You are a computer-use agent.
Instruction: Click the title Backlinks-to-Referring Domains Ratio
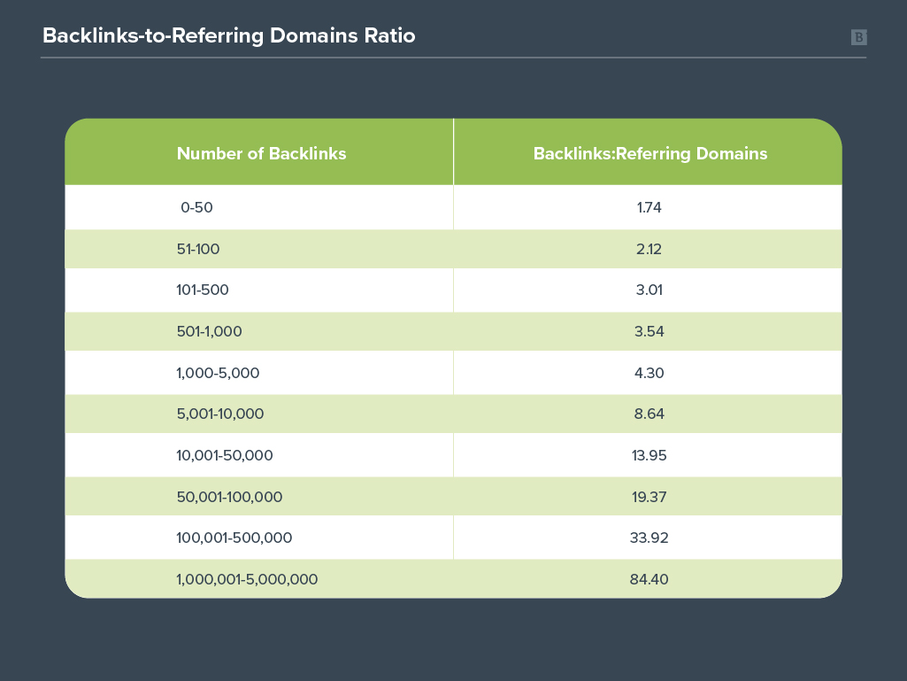pyautogui.click(x=229, y=36)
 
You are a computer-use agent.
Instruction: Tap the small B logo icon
pyautogui.click(x=859, y=38)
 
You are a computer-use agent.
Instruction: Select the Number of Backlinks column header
pyautogui.click(x=261, y=153)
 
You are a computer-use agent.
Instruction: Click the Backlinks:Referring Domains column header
pyautogui.click(x=650, y=153)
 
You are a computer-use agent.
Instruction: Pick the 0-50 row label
pyautogui.click(x=196, y=207)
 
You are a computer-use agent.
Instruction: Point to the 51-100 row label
pyautogui.click(x=198, y=249)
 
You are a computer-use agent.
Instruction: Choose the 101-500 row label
pyautogui.click(x=203, y=290)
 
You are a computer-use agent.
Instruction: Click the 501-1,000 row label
pyautogui.click(x=210, y=332)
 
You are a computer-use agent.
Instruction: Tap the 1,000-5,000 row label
pyautogui.click(x=218, y=373)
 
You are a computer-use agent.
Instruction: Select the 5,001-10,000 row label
pyautogui.click(x=220, y=414)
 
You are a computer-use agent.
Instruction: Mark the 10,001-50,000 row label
pyautogui.click(x=225, y=456)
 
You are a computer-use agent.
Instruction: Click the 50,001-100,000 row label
pyautogui.click(x=230, y=497)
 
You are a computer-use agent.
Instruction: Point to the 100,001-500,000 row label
pyautogui.click(x=234, y=538)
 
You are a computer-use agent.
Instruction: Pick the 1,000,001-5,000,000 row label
pyautogui.click(x=247, y=580)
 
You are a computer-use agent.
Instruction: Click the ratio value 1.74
pyautogui.click(x=649, y=207)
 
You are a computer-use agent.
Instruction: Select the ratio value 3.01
pyautogui.click(x=649, y=290)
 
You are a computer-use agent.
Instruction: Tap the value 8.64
pyautogui.click(x=649, y=414)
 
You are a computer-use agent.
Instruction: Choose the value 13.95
pyautogui.click(x=649, y=456)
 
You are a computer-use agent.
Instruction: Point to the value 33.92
pyautogui.click(x=649, y=538)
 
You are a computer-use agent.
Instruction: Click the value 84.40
pyautogui.click(x=649, y=580)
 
